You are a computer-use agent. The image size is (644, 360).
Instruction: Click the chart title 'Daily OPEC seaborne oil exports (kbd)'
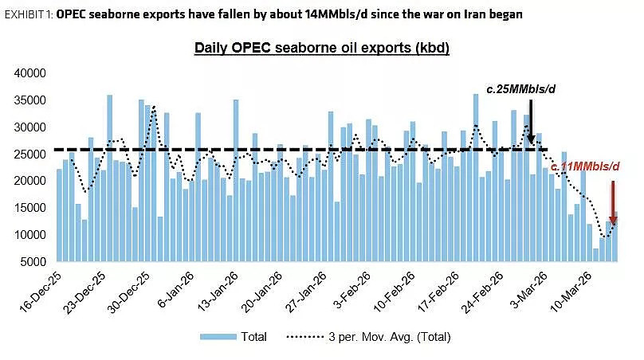[x=321, y=48]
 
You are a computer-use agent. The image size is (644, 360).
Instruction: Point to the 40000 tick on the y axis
[x=30, y=73]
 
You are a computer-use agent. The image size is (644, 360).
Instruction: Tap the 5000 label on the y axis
[x=33, y=262]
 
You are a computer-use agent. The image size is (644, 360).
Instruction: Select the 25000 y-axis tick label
[x=30, y=155]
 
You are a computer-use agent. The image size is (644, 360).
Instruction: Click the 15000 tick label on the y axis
[x=30, y=208]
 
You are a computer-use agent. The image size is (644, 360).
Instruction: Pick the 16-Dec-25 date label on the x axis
[x=40, y=292]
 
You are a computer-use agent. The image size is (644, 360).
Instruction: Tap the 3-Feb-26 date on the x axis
[x=351, y=290]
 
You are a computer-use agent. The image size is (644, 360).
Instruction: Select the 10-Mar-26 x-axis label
[x=571, y=292]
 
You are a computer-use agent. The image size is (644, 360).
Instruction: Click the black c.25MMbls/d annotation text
[x=520, y=89]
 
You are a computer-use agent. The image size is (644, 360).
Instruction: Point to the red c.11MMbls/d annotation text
[x=585, y=166]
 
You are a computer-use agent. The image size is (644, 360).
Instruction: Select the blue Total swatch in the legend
[x=218, y=337]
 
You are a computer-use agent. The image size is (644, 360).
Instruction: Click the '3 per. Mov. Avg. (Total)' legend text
[x=390, y=337]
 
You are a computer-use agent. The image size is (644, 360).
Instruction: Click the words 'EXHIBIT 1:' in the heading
[x=29, y=15]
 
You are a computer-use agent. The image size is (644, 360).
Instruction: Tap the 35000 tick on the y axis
[x=30, y=100]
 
